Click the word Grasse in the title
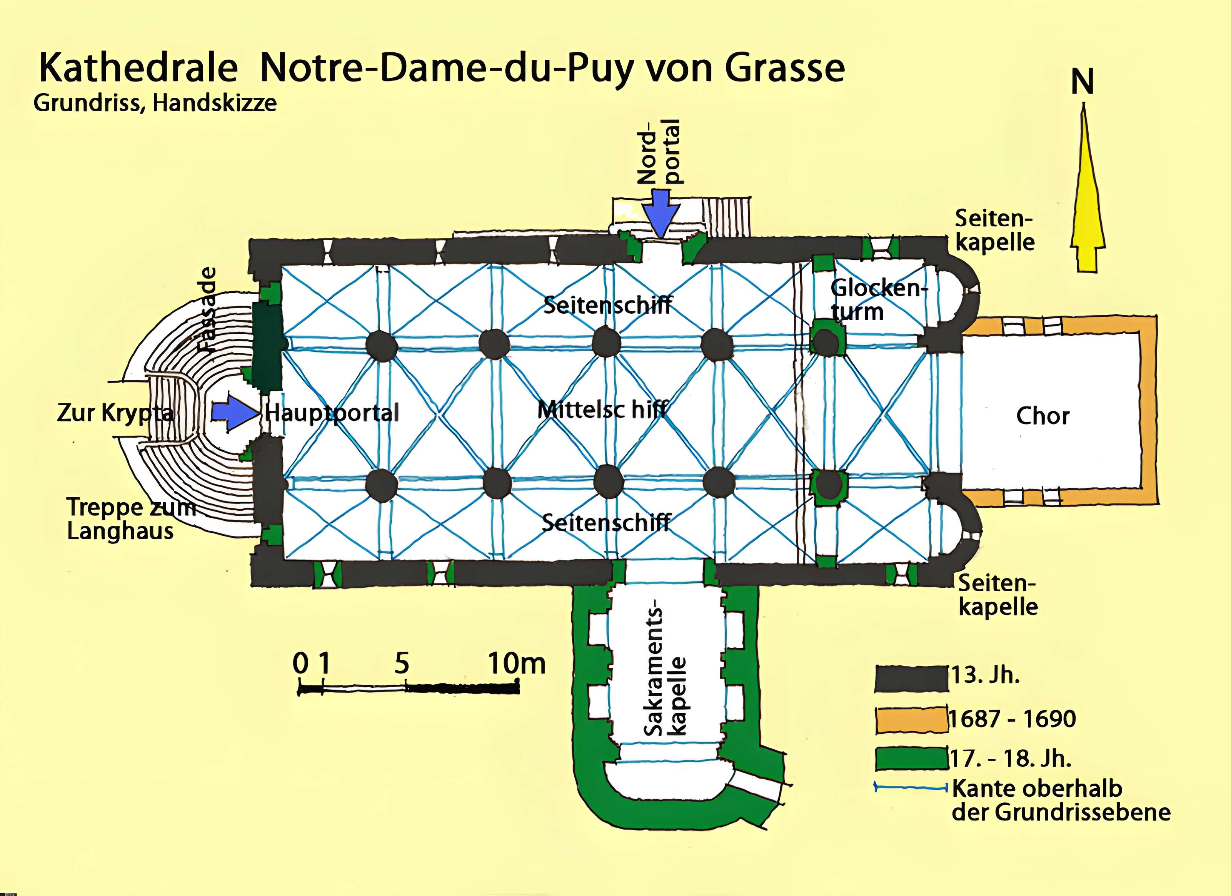(785, 69)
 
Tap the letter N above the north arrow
(1082, 82)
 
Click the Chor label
(1043, 416)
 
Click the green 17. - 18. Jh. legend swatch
(911, 759)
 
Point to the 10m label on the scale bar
(517, 663)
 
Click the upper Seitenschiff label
(608, 305)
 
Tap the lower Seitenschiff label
(606, 522)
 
